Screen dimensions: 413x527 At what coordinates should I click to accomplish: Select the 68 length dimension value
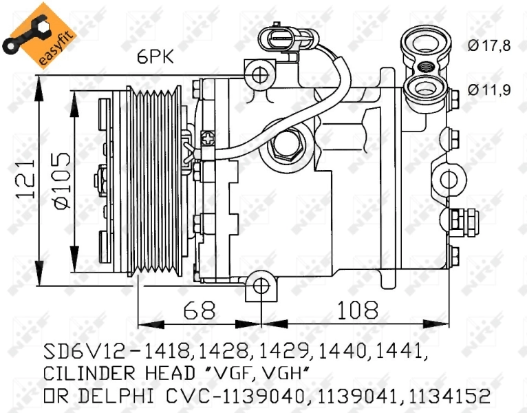pyautogui.click(x=200, y=310)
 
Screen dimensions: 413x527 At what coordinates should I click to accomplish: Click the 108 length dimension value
pyautogui.click(x=357, y=310)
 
